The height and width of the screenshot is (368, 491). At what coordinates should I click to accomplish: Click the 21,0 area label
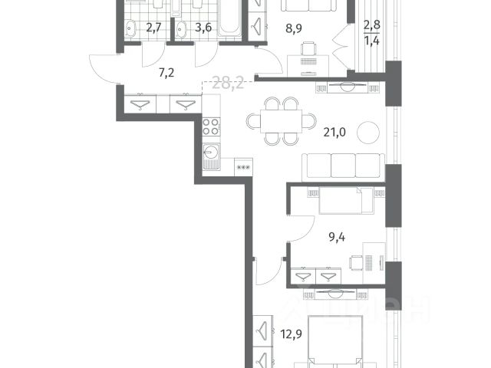334,133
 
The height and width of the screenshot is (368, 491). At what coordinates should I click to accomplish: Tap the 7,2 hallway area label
166,74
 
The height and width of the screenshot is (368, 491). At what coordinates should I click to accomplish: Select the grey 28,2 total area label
228,84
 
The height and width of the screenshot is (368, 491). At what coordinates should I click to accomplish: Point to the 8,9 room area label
293,28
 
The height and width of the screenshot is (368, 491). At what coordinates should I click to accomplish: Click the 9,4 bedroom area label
337,237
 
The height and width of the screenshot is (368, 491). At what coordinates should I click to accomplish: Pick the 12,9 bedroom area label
292,334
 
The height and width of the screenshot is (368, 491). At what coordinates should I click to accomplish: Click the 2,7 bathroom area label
153,28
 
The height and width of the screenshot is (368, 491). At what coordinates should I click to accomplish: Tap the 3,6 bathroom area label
203,28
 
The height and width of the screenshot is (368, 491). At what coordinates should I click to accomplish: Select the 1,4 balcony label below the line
371,41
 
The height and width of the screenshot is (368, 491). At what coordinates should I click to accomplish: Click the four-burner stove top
211,127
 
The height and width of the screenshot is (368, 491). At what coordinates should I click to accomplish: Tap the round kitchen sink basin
210,153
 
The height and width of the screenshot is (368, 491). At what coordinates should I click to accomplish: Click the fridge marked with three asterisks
243,167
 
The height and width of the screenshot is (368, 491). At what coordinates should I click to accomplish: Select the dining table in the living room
282,121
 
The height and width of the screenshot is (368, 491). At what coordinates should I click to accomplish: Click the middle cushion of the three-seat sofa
343,166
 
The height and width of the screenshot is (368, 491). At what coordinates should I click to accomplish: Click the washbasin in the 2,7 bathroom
130,29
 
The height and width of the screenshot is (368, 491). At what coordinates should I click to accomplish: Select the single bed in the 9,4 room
346,201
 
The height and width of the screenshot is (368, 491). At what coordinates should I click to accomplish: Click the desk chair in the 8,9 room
308,48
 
